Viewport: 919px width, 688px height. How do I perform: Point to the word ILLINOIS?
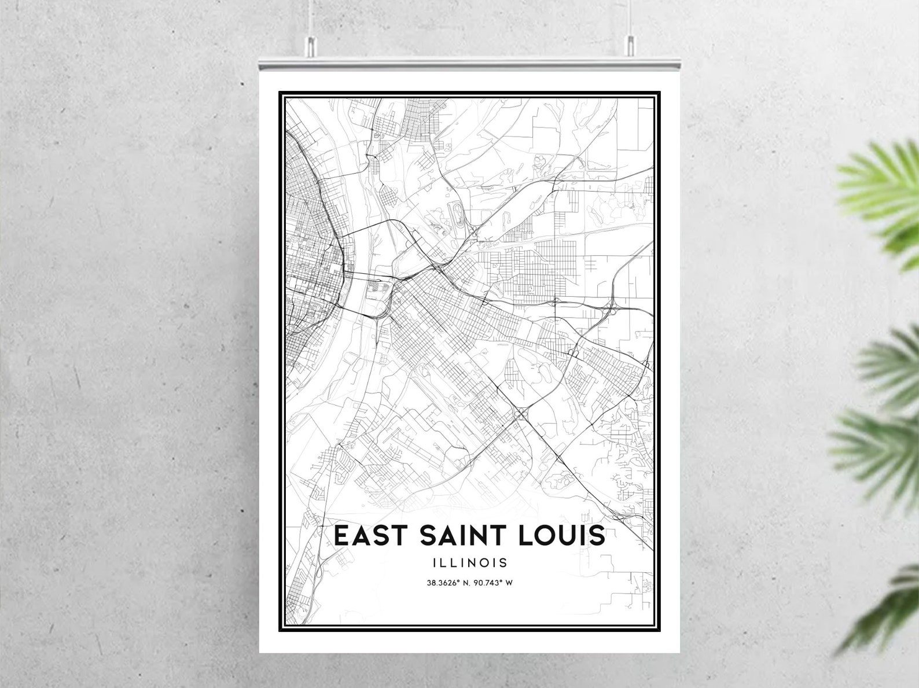tap(469, 562)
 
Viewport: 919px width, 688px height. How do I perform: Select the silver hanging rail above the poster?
tap(469, 60)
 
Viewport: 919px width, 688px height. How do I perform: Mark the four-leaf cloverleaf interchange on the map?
tap(520, 414)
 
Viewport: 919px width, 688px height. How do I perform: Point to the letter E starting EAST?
tap(341, 535)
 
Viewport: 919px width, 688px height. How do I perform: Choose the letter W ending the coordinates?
tap(509, 583)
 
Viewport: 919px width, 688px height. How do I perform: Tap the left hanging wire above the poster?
tap(311, 17)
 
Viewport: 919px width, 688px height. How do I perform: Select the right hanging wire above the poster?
tap(630, 17)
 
